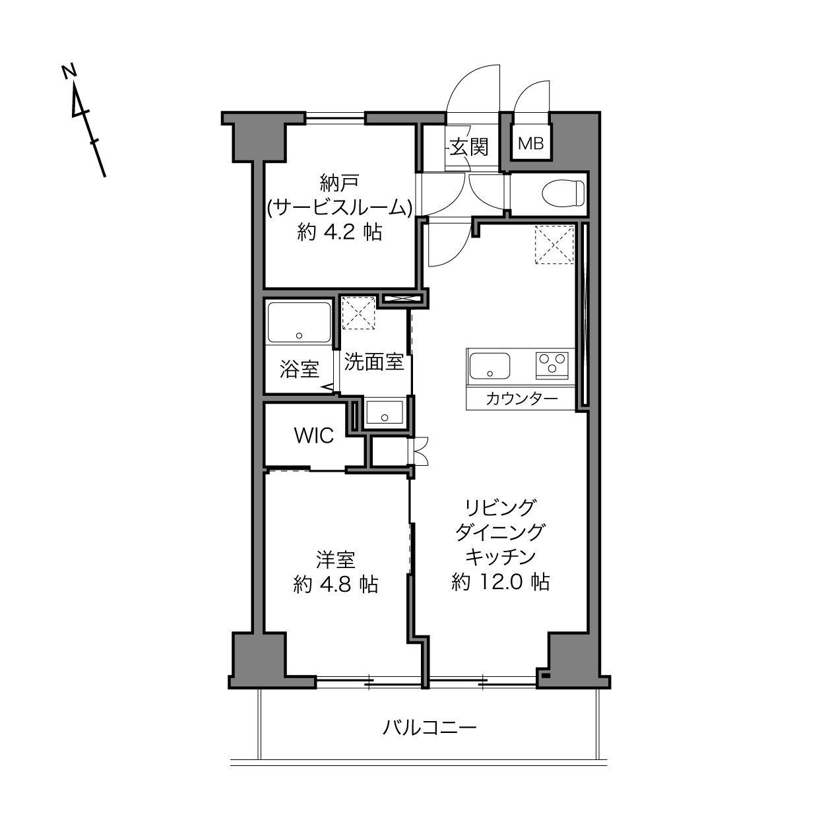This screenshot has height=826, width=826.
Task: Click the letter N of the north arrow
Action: pyautogui.click(x=69, y=72)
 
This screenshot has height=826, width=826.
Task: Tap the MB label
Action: pyautogui.click(x=530, y=144)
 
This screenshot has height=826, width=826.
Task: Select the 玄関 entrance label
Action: pyautogui.click(x=469, y=147)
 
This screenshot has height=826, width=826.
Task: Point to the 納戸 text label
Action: pyautogui.click(x=339, y=183)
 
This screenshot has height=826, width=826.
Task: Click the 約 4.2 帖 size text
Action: pyautogui.click(x=340, y=232)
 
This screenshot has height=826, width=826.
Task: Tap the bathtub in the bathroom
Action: pyautogui.click(x=300, y=322)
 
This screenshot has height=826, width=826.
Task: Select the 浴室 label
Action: pyautogui.click(x=300, y=369)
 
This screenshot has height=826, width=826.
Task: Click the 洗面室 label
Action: pyautogui.click(x=374, y=362)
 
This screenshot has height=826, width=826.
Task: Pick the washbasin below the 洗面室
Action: pyautogui.click(x=385, y=412)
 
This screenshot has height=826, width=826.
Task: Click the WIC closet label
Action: pyautogui.click(x=314, y=435)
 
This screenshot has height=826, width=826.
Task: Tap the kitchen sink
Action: pyautogui.click(x=490, y=365)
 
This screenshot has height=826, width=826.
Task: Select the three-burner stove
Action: pyautogui.click(x=552, y=365)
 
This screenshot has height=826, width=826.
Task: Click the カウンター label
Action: pyautogui.click(x=522, y=399)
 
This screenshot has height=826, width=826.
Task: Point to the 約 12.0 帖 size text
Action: pyautogui.click(x=500, y=582)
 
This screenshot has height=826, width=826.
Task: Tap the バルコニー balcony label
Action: pyautogui.click(x=429, y=728)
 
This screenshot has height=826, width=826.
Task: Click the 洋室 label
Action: pyautogui.click(x=336, y=559)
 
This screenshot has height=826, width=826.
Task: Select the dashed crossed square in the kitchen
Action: pyautogui.click(x=554, y=244)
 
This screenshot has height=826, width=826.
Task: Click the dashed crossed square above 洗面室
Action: pyautogui.click(x=358, y=313)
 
